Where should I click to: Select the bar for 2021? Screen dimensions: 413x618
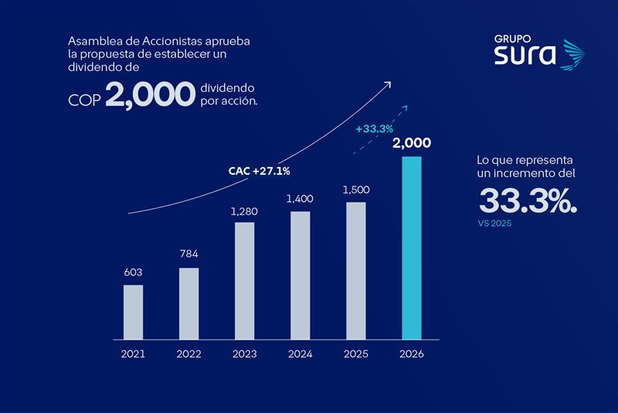click(x=133, y=312)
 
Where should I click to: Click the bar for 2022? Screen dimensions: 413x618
click(x=188, y=303)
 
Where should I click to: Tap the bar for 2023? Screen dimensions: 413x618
click(x=244, y=281)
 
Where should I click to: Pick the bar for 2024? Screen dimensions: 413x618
click(x=300, y=275)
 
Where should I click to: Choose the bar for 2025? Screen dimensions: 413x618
click(x=355, y=271)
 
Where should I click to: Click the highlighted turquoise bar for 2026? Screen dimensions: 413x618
click(x=412, y=247)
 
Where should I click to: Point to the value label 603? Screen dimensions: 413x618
click(x=133, y=272)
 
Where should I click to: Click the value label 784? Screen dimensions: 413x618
click(x=188, y=255)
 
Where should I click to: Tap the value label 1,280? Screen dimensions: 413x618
click(x=244, y=210)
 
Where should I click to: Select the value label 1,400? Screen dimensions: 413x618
click(x=300, y=199)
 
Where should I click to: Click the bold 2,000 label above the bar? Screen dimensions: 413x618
click(x=412, y=143)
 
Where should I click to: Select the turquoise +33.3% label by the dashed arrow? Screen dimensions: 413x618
click(x=375, y=128)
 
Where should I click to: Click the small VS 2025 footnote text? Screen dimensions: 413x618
click(x=495, y=224)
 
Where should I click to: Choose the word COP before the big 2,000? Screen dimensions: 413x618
click(x=83, y=101)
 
